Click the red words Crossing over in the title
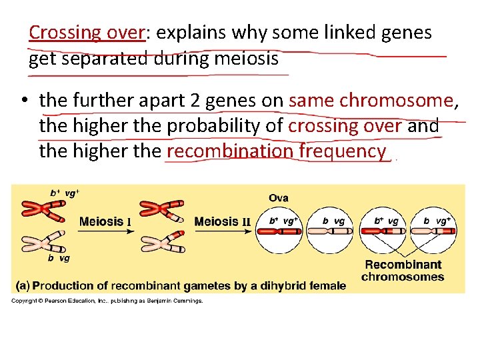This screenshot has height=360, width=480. pos(87,32)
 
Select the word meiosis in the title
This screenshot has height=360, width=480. pos(247,59)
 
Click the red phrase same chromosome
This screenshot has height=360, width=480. pos(371,101)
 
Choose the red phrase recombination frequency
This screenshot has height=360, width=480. pos(276,151)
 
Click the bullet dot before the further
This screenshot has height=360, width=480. pos(24,101)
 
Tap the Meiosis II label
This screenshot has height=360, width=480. pos(221,221)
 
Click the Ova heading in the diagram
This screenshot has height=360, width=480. pos(279,198)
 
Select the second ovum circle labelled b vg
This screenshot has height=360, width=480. pos(334,231)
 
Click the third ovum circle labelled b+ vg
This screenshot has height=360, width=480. pos(385,231)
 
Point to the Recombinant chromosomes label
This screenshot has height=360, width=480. pos(403,271)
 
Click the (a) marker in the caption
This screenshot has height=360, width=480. pos(23,286)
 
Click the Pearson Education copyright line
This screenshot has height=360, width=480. pos(107,301)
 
